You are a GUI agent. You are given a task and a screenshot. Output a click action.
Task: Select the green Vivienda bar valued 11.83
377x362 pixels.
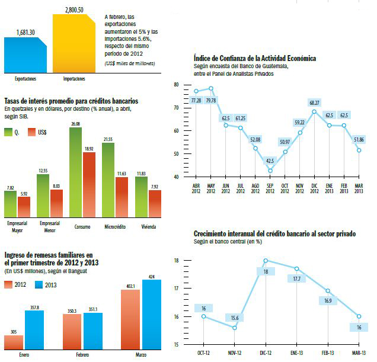coord(140,196)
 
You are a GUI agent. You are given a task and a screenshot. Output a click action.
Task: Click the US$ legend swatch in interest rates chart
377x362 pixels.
coord(42,132)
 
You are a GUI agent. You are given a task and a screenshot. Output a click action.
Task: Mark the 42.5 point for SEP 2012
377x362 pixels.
coord(270,171)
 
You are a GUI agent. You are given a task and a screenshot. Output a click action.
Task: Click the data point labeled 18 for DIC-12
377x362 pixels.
coord(266,260)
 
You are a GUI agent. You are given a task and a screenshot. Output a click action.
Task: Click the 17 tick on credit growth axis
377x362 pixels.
coord(176,289)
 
